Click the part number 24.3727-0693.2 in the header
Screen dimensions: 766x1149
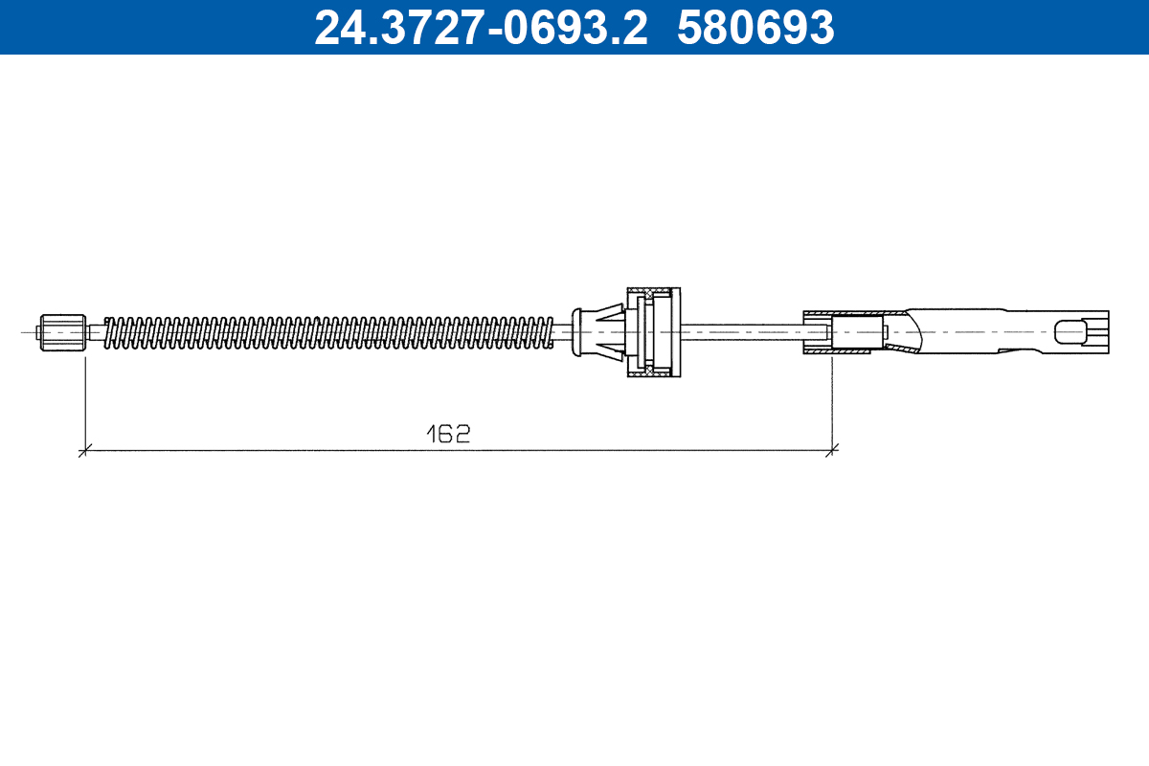click(x=482, y=28)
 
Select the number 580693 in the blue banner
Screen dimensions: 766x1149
click(x=755, y=28)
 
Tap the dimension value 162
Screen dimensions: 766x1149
click(x=448, y=434)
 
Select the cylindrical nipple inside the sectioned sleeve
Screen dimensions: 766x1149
click(x=856, y=332)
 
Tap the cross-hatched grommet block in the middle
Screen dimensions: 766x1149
click(x=654, y=332)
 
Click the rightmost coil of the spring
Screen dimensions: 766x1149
click(x=548, y=332)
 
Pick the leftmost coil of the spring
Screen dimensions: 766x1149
click(x=108, y=332)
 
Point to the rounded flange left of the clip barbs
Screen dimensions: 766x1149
click(x=575, y=332)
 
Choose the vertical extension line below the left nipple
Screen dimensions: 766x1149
click(x=85, y=402)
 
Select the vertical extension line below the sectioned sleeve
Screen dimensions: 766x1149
click(x=833, y=402)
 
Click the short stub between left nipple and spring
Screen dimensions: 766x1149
click(x=94, y=332)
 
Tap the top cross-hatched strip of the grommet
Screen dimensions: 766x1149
click(x=654, y=291)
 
